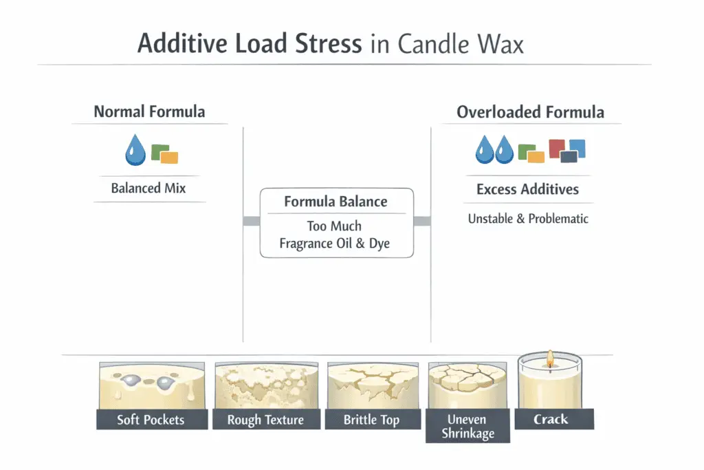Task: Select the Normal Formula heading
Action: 149,111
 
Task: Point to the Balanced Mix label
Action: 148,188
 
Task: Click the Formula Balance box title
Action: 336,202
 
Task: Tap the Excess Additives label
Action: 527,189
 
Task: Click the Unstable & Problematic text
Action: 528,219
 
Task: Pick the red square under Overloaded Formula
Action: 557,147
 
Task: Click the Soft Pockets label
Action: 151,419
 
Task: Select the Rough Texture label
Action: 265,419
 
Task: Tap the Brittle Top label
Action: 371,419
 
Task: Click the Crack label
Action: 551,418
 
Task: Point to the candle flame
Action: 549,357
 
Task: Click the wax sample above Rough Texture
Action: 265,385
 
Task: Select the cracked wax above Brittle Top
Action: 371,385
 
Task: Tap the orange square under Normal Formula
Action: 169,158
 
